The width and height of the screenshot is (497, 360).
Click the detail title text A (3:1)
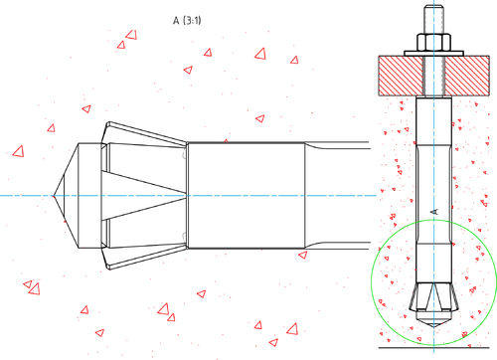coord(187,21)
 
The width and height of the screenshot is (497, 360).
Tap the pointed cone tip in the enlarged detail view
coord(54,196)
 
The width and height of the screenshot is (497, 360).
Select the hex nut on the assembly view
coord(433,42)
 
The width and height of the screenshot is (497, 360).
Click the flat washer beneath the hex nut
coord(433,54)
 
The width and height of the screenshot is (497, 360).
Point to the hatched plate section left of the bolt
coord(401,76)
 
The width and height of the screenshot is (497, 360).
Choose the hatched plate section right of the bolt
coord(467,76)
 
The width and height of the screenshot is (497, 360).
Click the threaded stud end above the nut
coord(433,19)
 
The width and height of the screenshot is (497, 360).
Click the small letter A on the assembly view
coord(434,212)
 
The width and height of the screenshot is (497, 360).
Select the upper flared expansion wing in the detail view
coord(146,133)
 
